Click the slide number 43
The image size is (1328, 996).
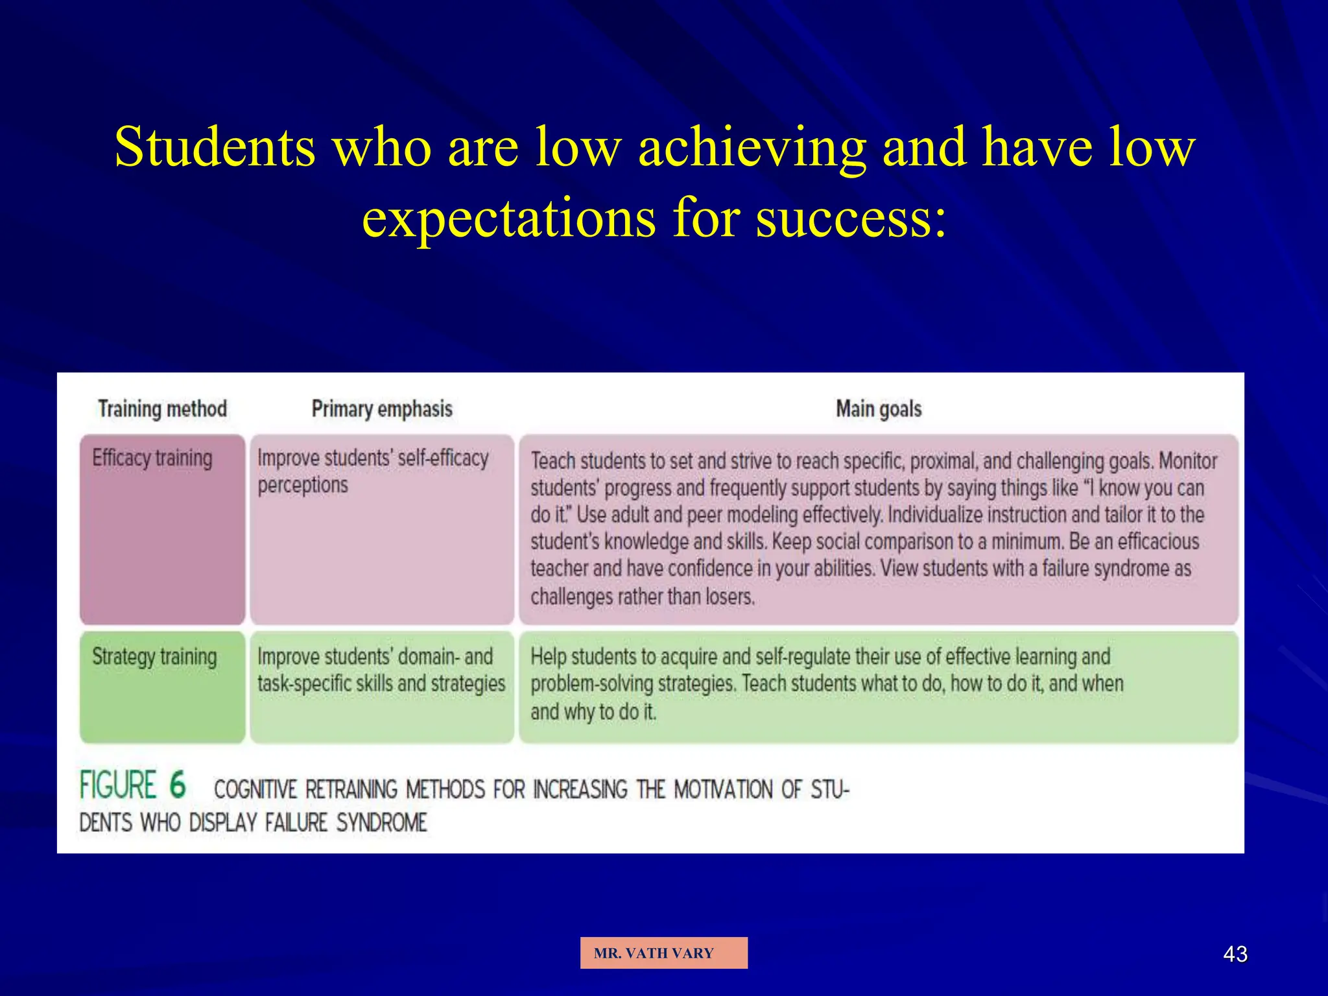[x=1235, y=954]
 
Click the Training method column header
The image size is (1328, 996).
[x=162, y=409]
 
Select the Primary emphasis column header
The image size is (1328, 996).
[x=382, y=409]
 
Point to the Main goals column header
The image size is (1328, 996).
[x=879, y=409]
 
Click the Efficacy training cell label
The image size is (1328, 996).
[x=152, y=458]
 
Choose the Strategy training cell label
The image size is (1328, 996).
[x=154, y=656]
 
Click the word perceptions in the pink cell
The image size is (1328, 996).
[x=303, y=485]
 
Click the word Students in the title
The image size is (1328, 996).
[x=215, y=147]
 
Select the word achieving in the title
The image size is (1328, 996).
[x=752, y=147]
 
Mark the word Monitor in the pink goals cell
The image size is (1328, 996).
[x=1188, y=461]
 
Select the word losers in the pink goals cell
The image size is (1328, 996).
[x=729, y=596]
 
